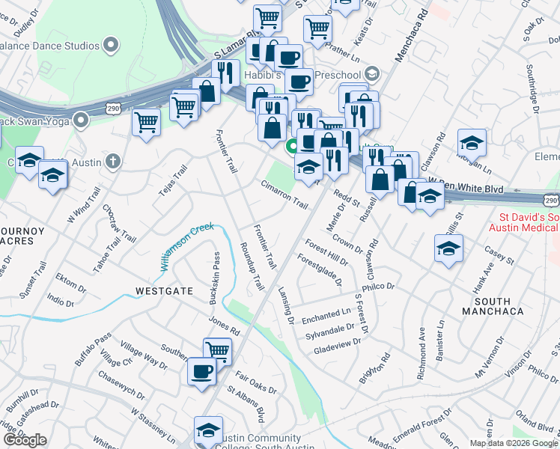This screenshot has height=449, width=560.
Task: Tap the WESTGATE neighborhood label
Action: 163,290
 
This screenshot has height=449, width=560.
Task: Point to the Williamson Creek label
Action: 186,246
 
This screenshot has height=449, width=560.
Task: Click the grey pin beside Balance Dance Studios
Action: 112,45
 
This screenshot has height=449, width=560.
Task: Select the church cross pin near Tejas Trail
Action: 112,161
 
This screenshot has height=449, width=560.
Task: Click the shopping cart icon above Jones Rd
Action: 217,349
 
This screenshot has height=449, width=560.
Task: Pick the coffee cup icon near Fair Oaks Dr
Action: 201,370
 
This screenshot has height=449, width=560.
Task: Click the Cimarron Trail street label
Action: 284,194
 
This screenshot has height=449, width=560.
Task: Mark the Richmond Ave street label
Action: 422,353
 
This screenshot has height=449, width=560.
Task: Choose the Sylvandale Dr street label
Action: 330,332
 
